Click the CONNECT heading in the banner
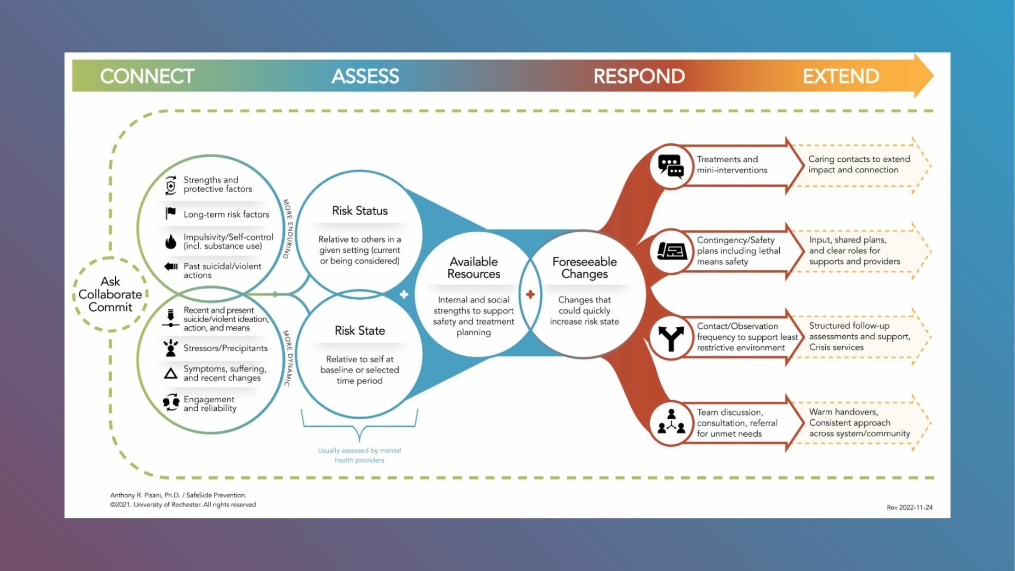147,76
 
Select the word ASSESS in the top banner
365,76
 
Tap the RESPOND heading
639,76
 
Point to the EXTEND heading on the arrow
841,76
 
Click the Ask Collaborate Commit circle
110,294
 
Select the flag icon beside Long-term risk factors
170,213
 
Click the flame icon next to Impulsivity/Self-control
170,242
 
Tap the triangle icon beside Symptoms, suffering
170,374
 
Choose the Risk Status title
359,210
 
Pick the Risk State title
359,330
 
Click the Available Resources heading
474,268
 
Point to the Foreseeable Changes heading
584,268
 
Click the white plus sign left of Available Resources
404,294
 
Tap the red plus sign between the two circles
530,294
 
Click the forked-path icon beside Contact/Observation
670,338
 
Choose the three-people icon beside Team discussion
671,422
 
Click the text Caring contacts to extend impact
859,164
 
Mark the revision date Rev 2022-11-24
909,507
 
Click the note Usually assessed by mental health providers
359,455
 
